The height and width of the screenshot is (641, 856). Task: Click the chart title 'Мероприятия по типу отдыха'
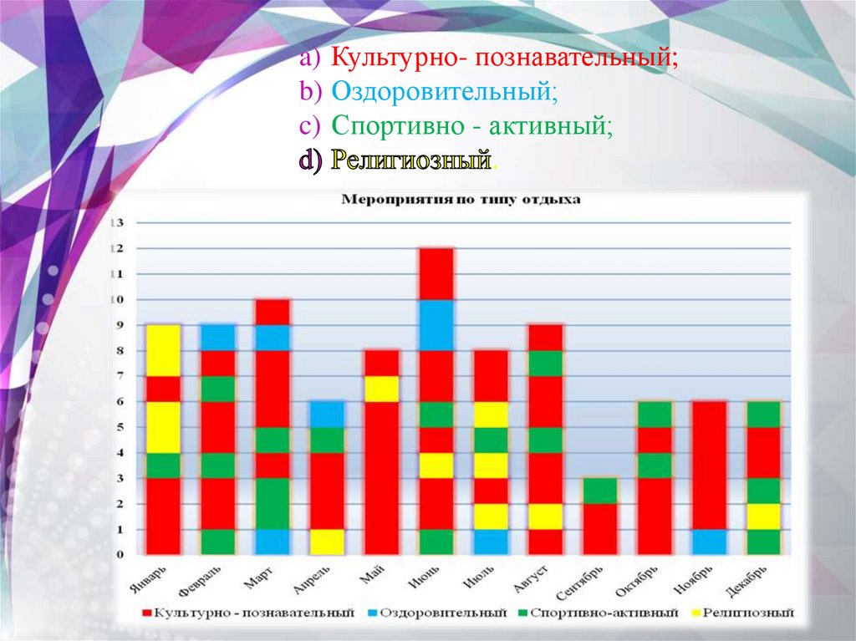click(x=461, y=201)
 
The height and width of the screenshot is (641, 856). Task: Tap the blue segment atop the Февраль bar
click(x=217, y=338)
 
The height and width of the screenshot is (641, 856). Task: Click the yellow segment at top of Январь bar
click(x=163, y=350)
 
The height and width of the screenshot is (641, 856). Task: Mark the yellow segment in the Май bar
click(x=380, y=389)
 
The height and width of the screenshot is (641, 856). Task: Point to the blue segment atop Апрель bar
click(x=326, y=415)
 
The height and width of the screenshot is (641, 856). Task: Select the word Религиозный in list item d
click(x=409, y=160)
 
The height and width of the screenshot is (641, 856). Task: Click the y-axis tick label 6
click(x=119, y=402)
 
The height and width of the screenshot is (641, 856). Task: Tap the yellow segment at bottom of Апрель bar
click(x=326, y=542)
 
